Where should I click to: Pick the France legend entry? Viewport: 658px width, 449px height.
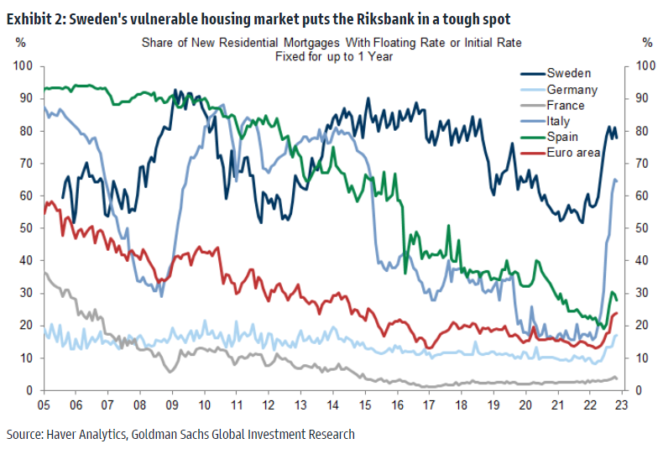click(x=568, y=105)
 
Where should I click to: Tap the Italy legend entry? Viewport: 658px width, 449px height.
click(x=561, y=121)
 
